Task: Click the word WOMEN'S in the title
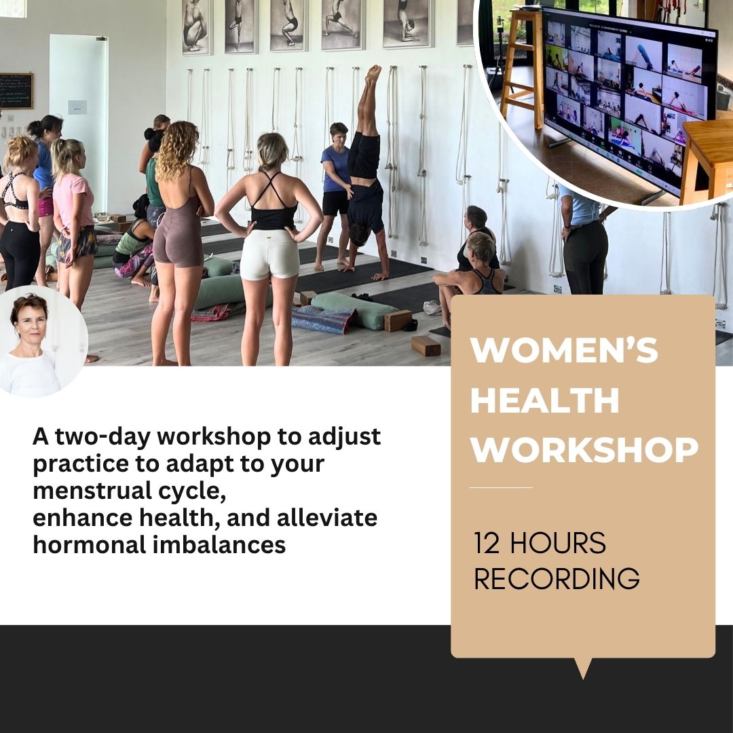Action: (x=564, y=350)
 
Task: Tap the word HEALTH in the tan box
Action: (x=545, y=400)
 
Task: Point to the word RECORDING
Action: (x=557, y=579)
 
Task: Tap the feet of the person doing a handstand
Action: (x=373, y=74)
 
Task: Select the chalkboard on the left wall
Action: (x=16, y=91)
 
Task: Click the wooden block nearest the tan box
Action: (x=426, y=346)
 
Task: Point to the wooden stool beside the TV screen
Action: (x=523, y=65)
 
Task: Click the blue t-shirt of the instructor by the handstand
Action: (x=335, y=168)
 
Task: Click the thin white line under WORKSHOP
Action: (x=501, y=487)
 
